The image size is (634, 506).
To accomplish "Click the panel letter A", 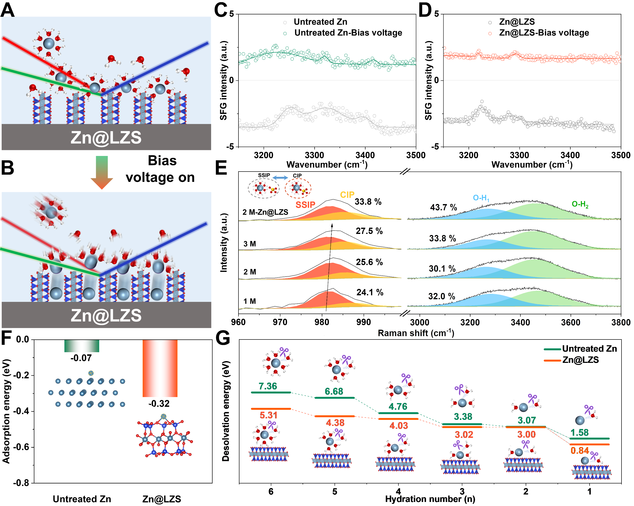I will [8, 9].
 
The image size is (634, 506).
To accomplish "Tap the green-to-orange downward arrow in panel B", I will [102, 172].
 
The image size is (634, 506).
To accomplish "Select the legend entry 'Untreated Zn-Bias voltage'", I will [348, 33].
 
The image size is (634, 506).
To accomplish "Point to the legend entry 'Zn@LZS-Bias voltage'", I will [544, 33].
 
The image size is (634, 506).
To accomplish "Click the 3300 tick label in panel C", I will [314, 155].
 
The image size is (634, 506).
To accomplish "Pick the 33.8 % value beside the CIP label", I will [368, 202].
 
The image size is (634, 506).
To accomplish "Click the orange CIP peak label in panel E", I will [347, 195].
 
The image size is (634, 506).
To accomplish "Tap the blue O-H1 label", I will [481, 198].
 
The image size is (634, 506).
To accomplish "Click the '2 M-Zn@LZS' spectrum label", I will [265, 212].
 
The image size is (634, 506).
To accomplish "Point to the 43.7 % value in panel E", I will [444, 208].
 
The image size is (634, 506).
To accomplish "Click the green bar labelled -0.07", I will [82, 346].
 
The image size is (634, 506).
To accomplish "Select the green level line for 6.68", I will [335, 398].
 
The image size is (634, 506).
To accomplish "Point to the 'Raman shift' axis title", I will [415, 333].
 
